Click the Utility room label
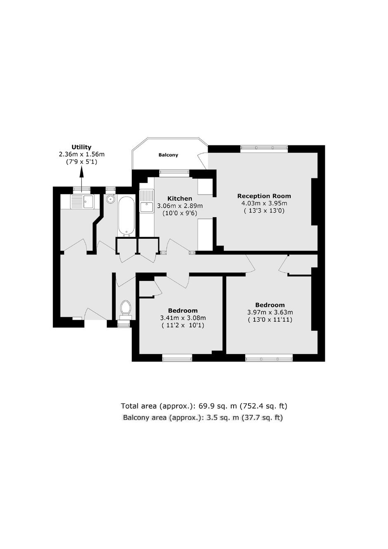pos(81,147)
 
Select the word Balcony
pos(168,155)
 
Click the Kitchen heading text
pos(180,198)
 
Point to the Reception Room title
pos(264,196)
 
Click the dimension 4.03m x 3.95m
pos(264,203)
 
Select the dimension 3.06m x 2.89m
pos(180,206)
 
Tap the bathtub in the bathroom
pos(126,216)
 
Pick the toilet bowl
pos(125,307)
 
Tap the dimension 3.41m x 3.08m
pos(183,318)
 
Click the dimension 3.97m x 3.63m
pos(270,312)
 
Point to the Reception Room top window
pos(264,147)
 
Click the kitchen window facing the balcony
pos(174,173)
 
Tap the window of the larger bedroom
pos(269,359)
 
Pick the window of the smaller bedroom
pos(177,359)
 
